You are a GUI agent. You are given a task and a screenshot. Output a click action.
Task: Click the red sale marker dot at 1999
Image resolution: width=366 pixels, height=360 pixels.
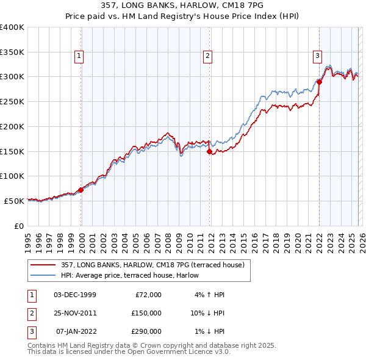pyautogui.click(x=81, y=190)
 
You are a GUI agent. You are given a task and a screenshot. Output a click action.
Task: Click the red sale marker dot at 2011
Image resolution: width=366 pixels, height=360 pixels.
pyautogui.click(x=210, y=151)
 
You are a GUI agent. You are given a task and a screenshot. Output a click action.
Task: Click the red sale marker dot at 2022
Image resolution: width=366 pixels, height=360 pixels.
pyautogui.click(x=319, y=82)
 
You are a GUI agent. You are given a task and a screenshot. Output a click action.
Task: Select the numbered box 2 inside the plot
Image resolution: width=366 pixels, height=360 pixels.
pyautogui.click(x=208, y=56)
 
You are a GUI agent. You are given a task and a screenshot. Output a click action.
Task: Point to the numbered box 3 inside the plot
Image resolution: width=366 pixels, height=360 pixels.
pyautogui.click(x=317, y=56)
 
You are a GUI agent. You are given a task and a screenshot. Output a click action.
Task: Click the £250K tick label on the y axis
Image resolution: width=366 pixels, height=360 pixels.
pyautogui.click(x=12, y=101)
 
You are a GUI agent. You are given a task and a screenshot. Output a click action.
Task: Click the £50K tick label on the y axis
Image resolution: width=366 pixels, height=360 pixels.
pyautogui.click(x=15, y=201)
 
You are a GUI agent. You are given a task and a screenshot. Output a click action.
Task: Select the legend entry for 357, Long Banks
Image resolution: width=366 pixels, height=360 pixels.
pyautogui.click(x=152, y=265)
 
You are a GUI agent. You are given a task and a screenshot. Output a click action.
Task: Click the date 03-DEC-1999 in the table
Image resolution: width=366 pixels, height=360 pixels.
pyautogui.click(x=75, y=295)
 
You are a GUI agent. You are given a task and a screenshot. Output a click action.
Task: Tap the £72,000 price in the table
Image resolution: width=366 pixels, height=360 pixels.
pyautogui.click(x=148, y=295)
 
